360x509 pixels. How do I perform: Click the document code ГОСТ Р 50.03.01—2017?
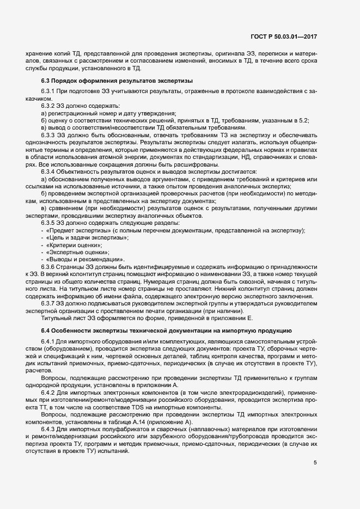pos(284,36)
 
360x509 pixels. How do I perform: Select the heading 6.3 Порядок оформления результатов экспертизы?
pos(109,80)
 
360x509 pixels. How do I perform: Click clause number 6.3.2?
pos(49,105)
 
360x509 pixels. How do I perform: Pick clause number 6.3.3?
pos(49,134)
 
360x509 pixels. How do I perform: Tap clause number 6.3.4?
pos(49,172)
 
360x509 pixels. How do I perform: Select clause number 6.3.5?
pos(49,223)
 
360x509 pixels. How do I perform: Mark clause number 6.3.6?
pos(49,266)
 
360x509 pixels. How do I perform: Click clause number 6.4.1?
pos(49,327)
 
